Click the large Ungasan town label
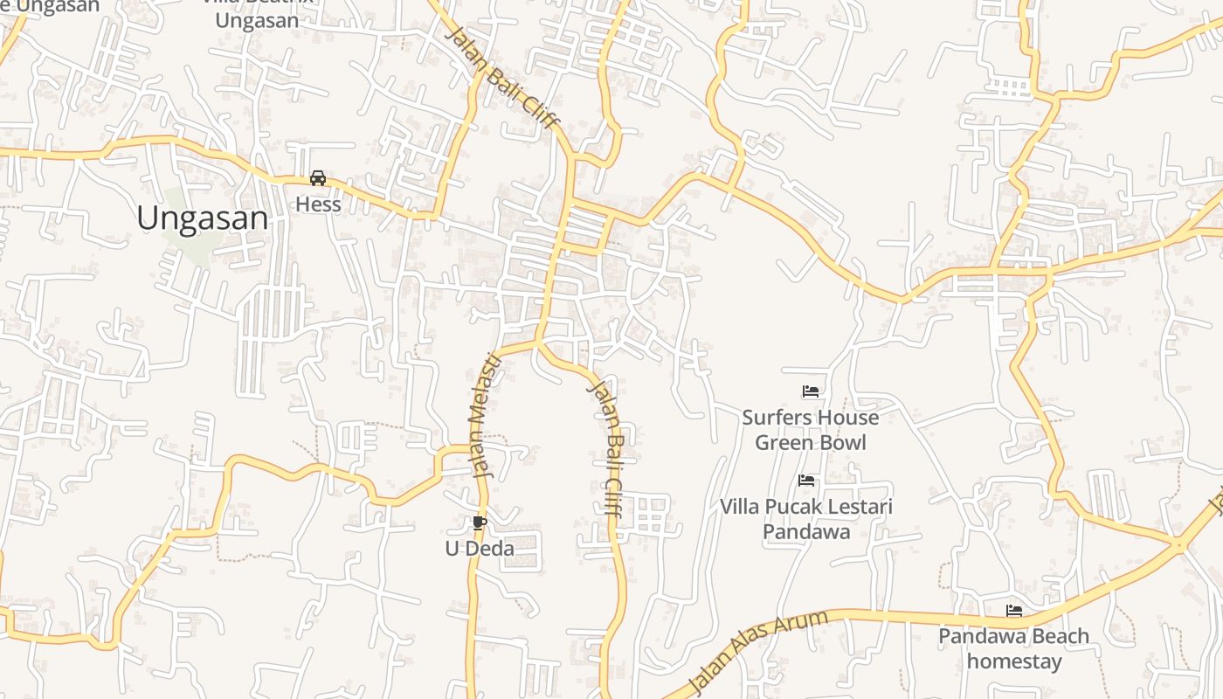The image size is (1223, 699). coord(202,218)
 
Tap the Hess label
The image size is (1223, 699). coord(318,204)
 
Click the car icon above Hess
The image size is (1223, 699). coord(318,178)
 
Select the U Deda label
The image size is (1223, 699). coord(480,549)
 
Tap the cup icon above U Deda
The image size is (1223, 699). coord(479,523)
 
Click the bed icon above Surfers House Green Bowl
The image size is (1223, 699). coord(811,391)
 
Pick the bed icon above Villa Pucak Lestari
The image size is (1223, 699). coord(806,481)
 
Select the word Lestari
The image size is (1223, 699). coord(861,507)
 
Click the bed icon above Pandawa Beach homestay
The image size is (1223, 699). coord(1014,611)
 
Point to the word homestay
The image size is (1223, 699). coord(1014,661)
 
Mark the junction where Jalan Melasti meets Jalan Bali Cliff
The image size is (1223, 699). coord(536,342)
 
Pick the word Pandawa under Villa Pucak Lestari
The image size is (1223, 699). coord(806,531)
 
